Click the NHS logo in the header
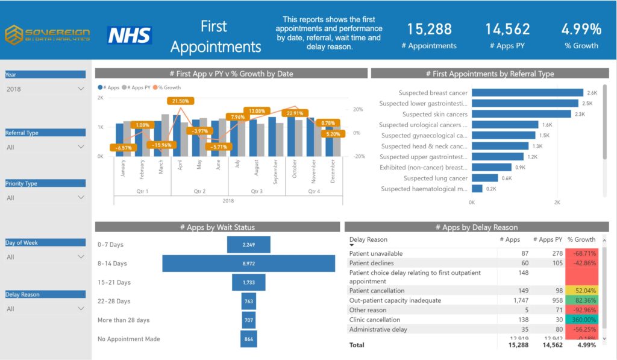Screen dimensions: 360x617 click(x=130, y=35)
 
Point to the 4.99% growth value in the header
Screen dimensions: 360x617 click(x=581, y=29)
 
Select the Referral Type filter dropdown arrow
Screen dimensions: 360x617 click(x=81, y=147)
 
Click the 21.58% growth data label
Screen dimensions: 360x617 click(x=181, y=101)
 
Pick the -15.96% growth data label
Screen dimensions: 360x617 click(x=161, y=145)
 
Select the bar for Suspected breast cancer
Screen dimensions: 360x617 click(x=527, y=93)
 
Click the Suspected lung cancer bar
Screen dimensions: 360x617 click(x=484, y=178)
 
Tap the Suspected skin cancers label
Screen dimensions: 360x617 click(x=434, y=114)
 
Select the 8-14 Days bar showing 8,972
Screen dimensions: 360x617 click(x=248, y=264)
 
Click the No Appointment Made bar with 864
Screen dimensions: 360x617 click(x=248, y=339)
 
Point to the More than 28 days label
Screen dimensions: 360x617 click(x=124, y=320)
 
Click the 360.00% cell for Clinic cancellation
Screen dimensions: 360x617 click(x=581, y=320)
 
